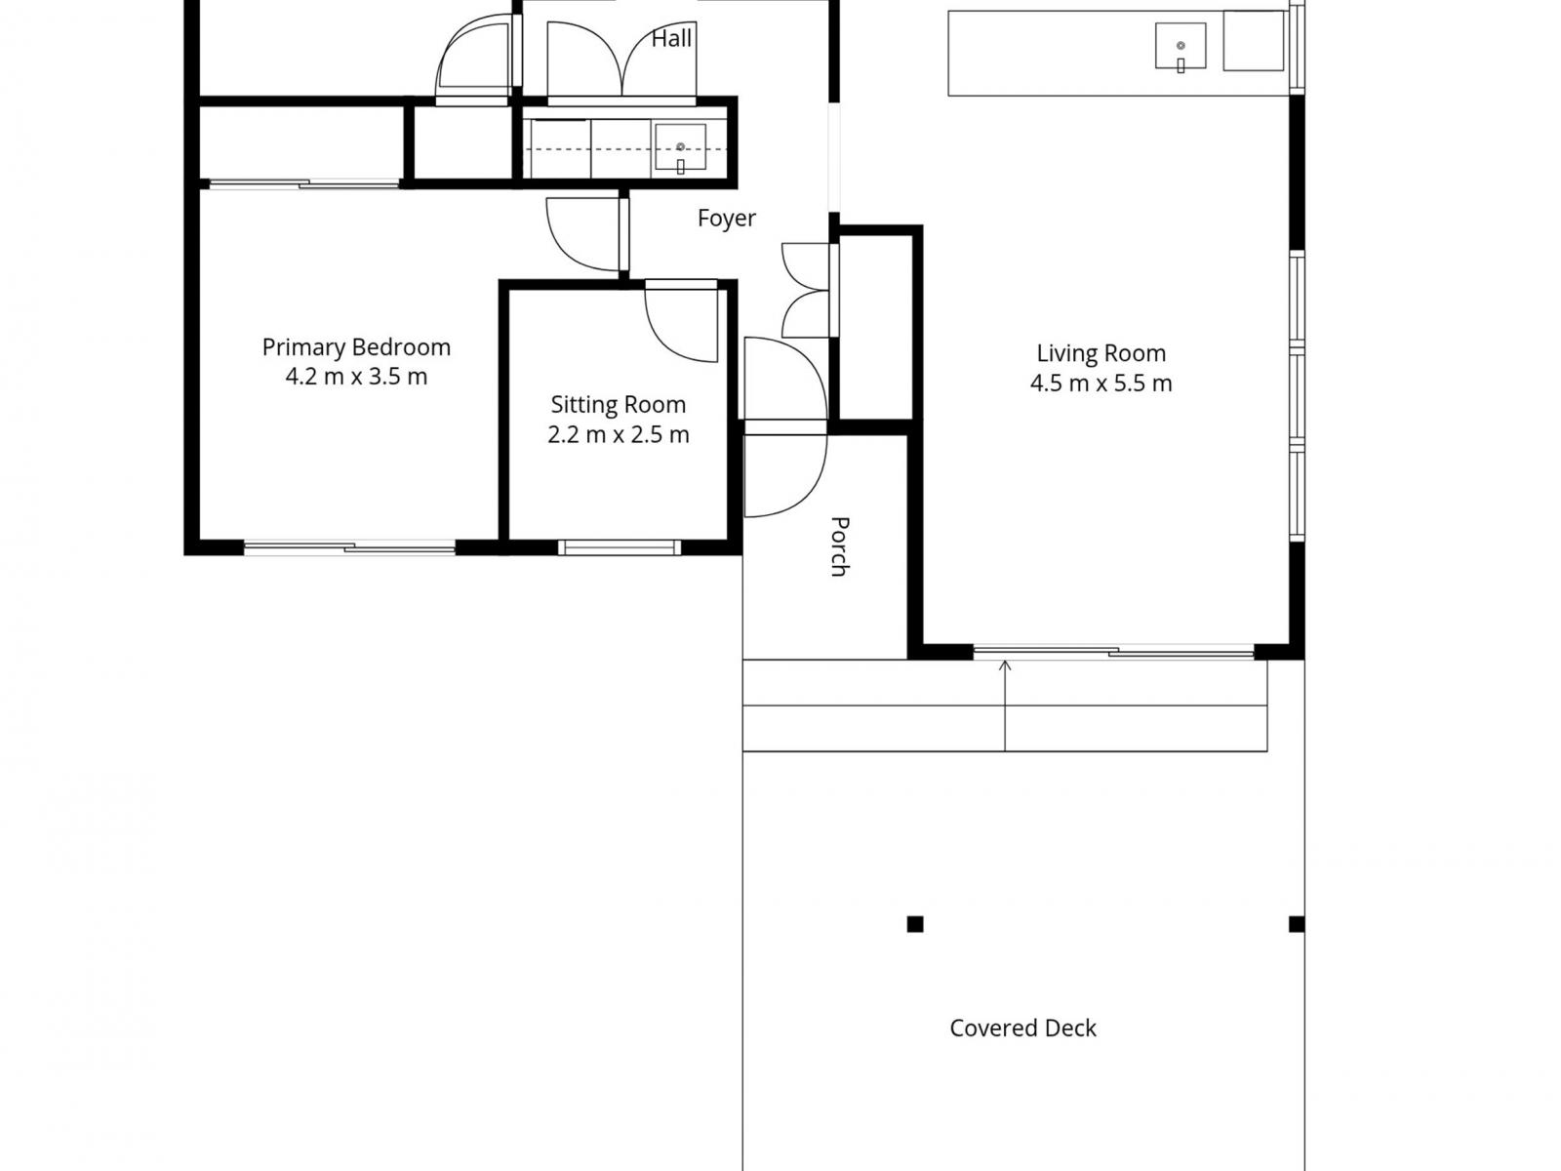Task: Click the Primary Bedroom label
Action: tap(356, 347)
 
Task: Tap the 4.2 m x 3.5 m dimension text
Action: tap(356, 376)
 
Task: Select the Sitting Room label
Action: tap(618, 405)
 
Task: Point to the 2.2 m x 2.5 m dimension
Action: tap(618, 434)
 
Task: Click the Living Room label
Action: tap(1101, 353)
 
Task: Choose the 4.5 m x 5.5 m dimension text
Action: tap(1101, 384)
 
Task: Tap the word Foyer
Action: tap(726, 219)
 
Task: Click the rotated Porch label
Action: tap(839, 546)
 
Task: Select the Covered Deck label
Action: tap(1022, 1029)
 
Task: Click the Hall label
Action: tap(671, 38)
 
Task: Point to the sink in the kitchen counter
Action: tap(1181, 46)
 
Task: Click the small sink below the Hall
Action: tap(680, 147)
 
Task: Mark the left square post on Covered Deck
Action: tap(915, 924)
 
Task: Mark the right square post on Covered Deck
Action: tap(1297, 924)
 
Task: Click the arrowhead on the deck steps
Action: tap(1005, 665)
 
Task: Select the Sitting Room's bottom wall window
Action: tap(620, 546)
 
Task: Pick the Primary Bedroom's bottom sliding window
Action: tap(350, 546)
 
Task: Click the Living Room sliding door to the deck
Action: tap(1113, 651)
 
